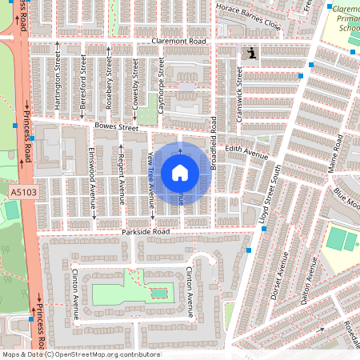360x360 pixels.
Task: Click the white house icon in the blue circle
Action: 180,172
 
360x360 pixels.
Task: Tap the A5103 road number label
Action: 23,193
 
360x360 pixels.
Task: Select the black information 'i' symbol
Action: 253,54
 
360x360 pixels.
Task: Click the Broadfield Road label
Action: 214,143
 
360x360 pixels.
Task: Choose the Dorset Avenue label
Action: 282,276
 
